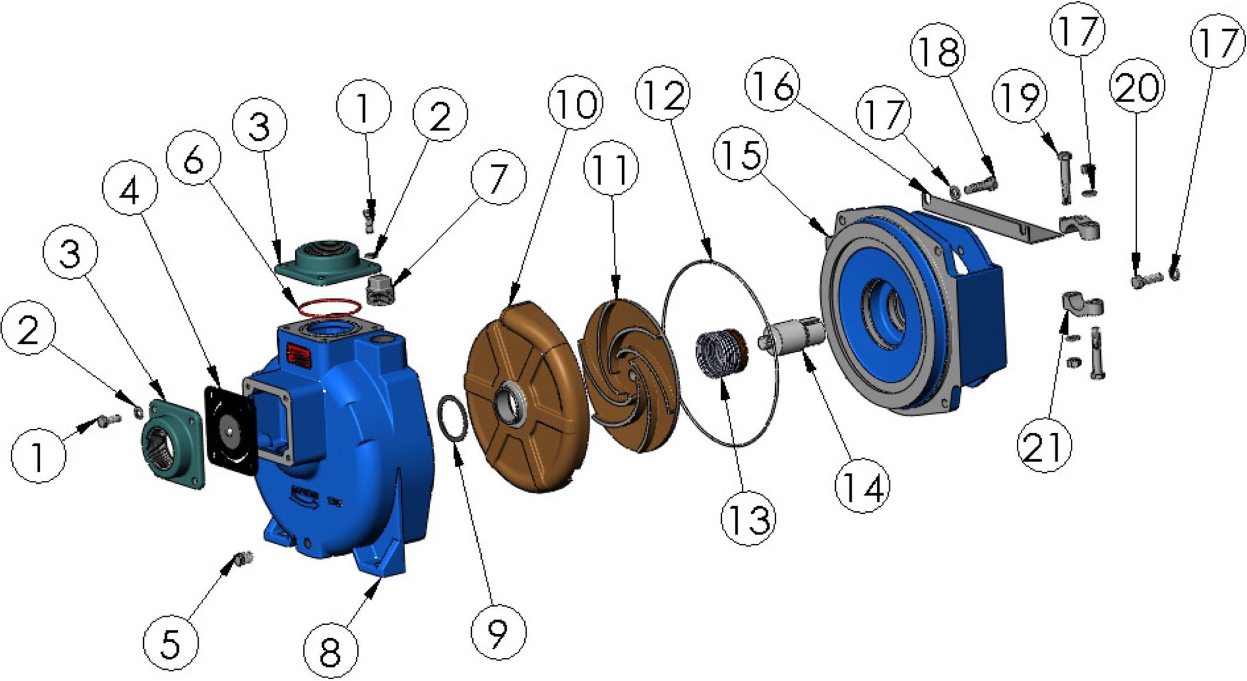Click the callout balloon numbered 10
pos(575,103)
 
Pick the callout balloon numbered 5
pos(171,643)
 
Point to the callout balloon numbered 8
pos(330,651)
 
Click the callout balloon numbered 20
pos(1137,86)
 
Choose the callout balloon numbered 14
pos(862,486)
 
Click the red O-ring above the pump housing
pos(329,307)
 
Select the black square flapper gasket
pos(230,428)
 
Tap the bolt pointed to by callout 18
pos(979,185)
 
